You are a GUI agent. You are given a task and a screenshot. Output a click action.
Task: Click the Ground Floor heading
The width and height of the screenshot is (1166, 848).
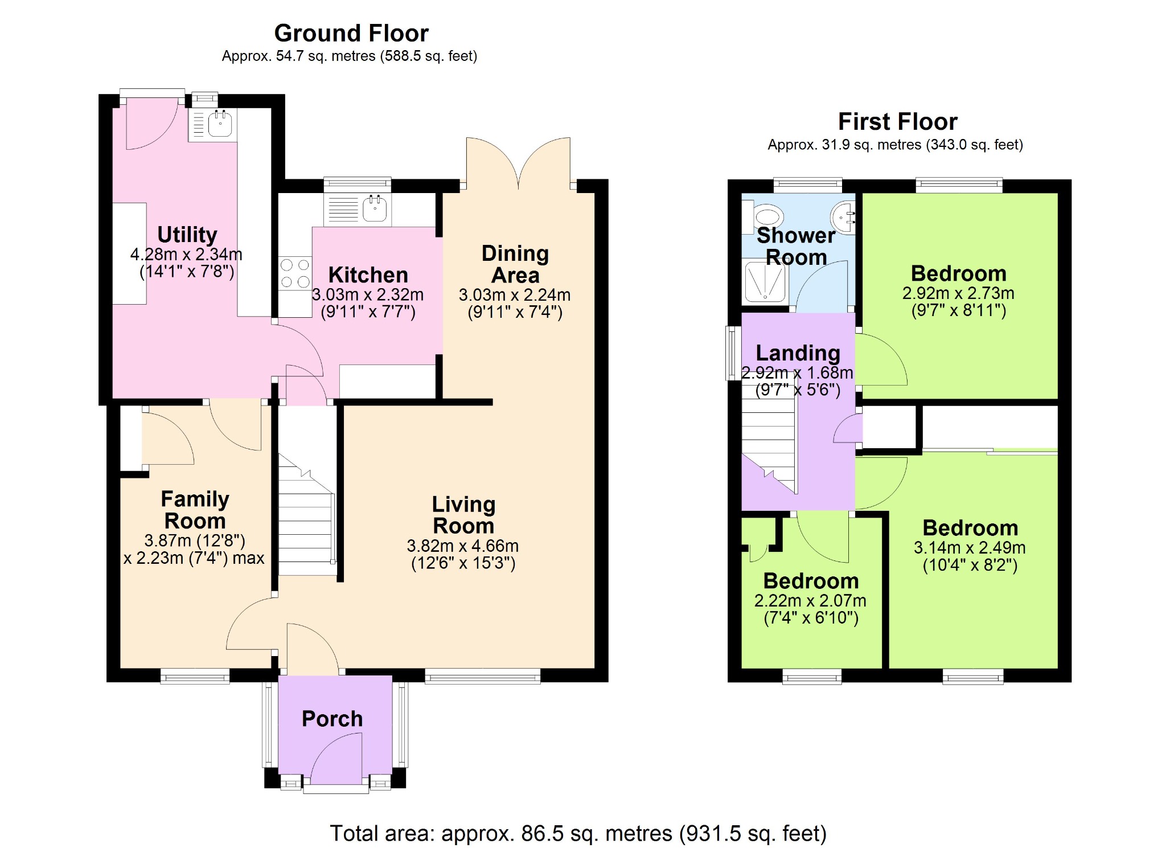(351, 34)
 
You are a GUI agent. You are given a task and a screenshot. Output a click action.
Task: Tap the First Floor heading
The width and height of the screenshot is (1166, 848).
(898, 122)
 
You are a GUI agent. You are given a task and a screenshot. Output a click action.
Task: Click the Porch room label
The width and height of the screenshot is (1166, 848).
(332, 719)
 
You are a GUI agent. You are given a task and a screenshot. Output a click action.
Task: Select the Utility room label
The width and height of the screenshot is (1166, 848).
(187, 235)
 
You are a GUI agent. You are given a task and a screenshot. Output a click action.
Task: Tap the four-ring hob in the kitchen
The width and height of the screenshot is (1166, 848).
(295, 273)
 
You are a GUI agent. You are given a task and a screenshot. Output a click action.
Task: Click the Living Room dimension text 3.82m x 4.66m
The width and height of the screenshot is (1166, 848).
(463, 546)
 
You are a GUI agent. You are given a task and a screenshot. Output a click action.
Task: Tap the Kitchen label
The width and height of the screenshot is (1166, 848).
(368, 275)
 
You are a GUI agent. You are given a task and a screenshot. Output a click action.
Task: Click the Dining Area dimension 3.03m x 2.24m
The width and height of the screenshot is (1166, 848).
(515, 295)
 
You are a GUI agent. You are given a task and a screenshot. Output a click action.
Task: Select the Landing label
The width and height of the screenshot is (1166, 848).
(798, 354)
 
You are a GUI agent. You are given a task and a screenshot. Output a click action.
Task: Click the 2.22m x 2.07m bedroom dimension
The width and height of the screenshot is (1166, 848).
(810, 601)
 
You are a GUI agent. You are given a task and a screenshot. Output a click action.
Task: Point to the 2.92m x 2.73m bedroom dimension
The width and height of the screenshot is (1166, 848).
(958, 293)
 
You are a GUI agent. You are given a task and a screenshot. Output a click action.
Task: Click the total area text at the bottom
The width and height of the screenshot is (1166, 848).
(578, 833)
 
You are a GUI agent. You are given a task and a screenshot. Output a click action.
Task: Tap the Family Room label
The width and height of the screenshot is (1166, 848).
(195, 510)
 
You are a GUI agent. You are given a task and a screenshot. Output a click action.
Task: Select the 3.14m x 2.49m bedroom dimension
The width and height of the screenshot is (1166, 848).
(970, 548)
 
